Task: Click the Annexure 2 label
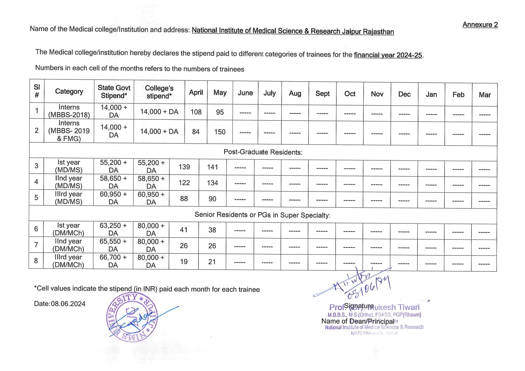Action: click(x=480, y=25)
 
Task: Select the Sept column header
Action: click(x=322, y=94)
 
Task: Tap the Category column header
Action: click(x=69, y=92)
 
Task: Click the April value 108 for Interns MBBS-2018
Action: click(x=196, y=112)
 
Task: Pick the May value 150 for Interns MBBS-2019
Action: click(x=220, y=132)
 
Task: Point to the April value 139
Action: click(x=184, y=167)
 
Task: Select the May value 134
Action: click(x=213, y=183)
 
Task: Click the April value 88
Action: click(x=184, y=199)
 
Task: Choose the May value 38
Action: click(x=212, y=230)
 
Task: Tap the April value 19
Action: click(x=184, y=262)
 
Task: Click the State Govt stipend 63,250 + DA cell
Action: click(x=113, y=229)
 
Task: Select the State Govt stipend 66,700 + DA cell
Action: click(x=113, y=261)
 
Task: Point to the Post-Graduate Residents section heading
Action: click(x=263, y=152)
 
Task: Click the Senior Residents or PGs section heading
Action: click(x=262, y=215)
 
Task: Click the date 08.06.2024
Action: click(x=68, y=304)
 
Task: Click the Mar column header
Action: click(x=485, y=95)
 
